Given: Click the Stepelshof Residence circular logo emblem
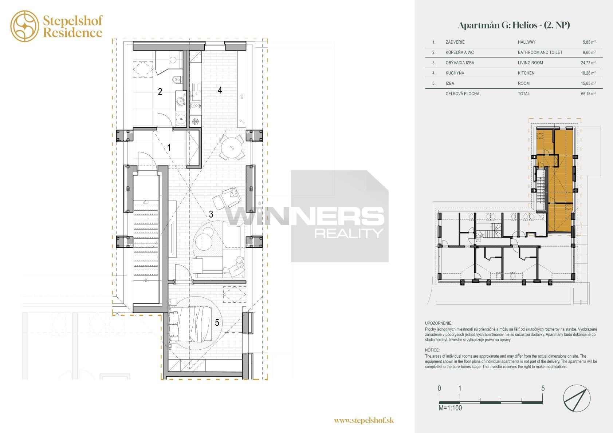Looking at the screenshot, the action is tap(25, 26).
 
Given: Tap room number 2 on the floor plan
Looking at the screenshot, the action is tap(160, 92).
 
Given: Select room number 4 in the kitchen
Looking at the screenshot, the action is tap(220, 90).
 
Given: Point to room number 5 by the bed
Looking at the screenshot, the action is tap(217, 323).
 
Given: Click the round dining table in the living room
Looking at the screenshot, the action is tap(232, 148).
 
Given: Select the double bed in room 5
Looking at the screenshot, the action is tap(190, 324).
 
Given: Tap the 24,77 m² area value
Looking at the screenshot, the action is tap(588, 63).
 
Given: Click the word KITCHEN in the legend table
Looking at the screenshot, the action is tap(526, 73).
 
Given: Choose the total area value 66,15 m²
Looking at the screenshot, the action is tap(588, 94).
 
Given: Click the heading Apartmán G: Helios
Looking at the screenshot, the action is tap(498, 25).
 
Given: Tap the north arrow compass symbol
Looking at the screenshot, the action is tap(577, 398).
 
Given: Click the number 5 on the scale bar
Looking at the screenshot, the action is tap(543, 388).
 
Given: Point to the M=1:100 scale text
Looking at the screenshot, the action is tap(450, 408).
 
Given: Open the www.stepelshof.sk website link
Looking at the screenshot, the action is tap(364, 420).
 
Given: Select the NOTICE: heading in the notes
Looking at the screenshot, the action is tap(432, 350).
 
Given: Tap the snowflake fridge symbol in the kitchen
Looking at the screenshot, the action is tap(195, 121).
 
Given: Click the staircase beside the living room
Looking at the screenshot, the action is tap(146, 241).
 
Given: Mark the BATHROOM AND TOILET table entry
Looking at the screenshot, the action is tap(540, 52).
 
